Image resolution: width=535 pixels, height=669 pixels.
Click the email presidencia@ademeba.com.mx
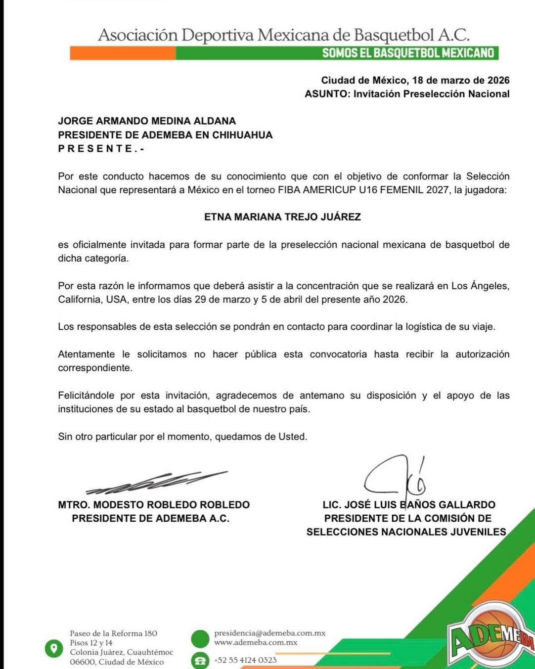pos(269,633)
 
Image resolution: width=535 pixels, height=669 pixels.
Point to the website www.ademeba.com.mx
pos(256,642)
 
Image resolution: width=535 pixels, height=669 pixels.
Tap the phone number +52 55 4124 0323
pos(245,660)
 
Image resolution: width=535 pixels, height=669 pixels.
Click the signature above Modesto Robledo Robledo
pos(156,482)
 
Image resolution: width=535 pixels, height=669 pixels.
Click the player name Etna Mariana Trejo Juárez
pos(282,217)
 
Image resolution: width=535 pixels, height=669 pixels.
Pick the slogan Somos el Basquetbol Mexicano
pos(408,53)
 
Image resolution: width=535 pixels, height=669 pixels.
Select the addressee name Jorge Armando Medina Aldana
pos(147,121)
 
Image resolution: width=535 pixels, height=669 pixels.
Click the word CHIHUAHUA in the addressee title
pos(242,134)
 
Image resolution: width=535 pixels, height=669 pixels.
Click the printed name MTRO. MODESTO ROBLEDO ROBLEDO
pos(154,504)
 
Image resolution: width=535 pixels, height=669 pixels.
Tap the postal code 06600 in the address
pos(82,662)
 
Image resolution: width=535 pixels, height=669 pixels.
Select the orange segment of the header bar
pos(122,53)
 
